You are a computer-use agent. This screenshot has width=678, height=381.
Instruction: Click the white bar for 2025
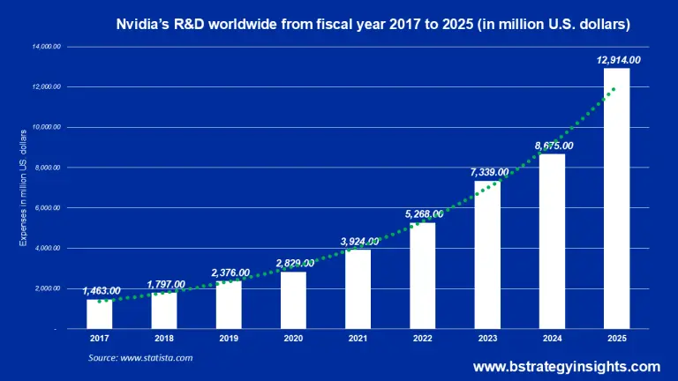pyautogui.click(x=616, y=198)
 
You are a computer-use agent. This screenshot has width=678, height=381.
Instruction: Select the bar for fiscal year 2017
pyautogui.click(x=100, y=314)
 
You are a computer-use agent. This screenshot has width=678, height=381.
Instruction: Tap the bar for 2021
pyautogui.click(x=358, y=289)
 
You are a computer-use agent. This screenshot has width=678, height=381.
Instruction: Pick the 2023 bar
pyautogui.click(x=486, y=255)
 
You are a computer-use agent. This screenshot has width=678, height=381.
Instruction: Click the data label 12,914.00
pyautogui.click(x=616, y=60)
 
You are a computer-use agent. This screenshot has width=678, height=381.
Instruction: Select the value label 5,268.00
pyautogui.click(x=421, y=213)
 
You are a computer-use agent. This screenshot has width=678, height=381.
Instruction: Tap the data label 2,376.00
pyautogui.click(x=230, y=273)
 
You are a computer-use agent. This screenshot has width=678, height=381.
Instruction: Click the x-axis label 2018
pyautogui.click(x=164, y=338)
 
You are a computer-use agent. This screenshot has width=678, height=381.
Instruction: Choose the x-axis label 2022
pyautogui.click(x=422, y=338)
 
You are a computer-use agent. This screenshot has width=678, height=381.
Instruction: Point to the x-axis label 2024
pyautogui.click(x=552, y=338)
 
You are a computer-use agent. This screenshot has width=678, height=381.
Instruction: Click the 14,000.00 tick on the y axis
pyautogui.click(x=46, y=46)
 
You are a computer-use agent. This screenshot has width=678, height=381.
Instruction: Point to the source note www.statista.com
pyautogui.click(x=140, y=358)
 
